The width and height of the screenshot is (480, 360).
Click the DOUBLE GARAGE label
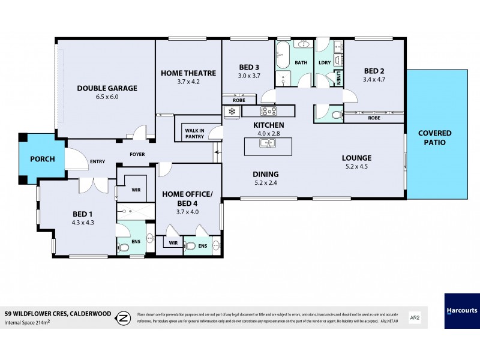click(107, 88)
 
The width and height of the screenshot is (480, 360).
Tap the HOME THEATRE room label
click(188, 73)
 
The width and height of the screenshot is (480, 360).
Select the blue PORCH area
click(43, 159)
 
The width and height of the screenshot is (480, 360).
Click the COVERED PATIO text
click(435, 137)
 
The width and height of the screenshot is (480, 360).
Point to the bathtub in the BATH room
click(283, 56)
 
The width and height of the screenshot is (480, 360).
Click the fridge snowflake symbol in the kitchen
click(232, 112)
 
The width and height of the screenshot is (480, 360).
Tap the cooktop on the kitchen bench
click(268, 111)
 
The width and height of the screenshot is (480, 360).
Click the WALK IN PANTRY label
click(194, 133)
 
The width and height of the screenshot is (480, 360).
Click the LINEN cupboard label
click(338, 77)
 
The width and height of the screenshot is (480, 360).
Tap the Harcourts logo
click(461, 311)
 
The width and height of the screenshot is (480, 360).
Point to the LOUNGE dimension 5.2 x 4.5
click(356, 167)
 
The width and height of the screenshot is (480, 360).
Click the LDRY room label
click(325, 62)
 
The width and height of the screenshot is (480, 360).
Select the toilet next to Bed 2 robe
click(335, 113)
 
